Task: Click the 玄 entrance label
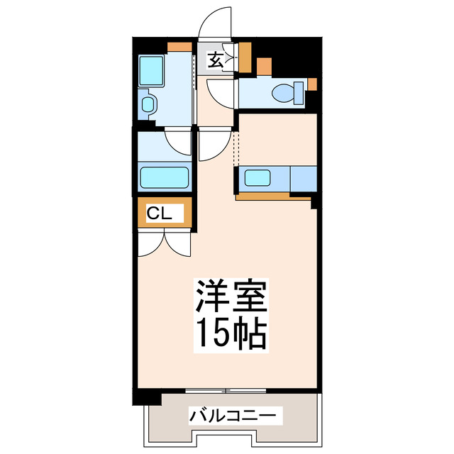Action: (x=216, y=60)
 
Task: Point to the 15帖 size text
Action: (x=231, y=333)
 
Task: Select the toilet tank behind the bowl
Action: (x=300, y=92)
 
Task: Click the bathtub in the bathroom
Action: (x=165, y=177)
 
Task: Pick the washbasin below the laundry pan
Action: (x=148, y=106)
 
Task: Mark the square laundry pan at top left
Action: (x=152, y=71)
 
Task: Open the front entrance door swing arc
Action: (x=216, y=21)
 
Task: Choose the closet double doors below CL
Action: (x=165, y=245)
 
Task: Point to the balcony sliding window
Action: (x=226, y=389)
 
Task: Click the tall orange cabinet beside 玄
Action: (x=245, y=57)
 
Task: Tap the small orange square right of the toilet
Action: (x=311, y=85)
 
